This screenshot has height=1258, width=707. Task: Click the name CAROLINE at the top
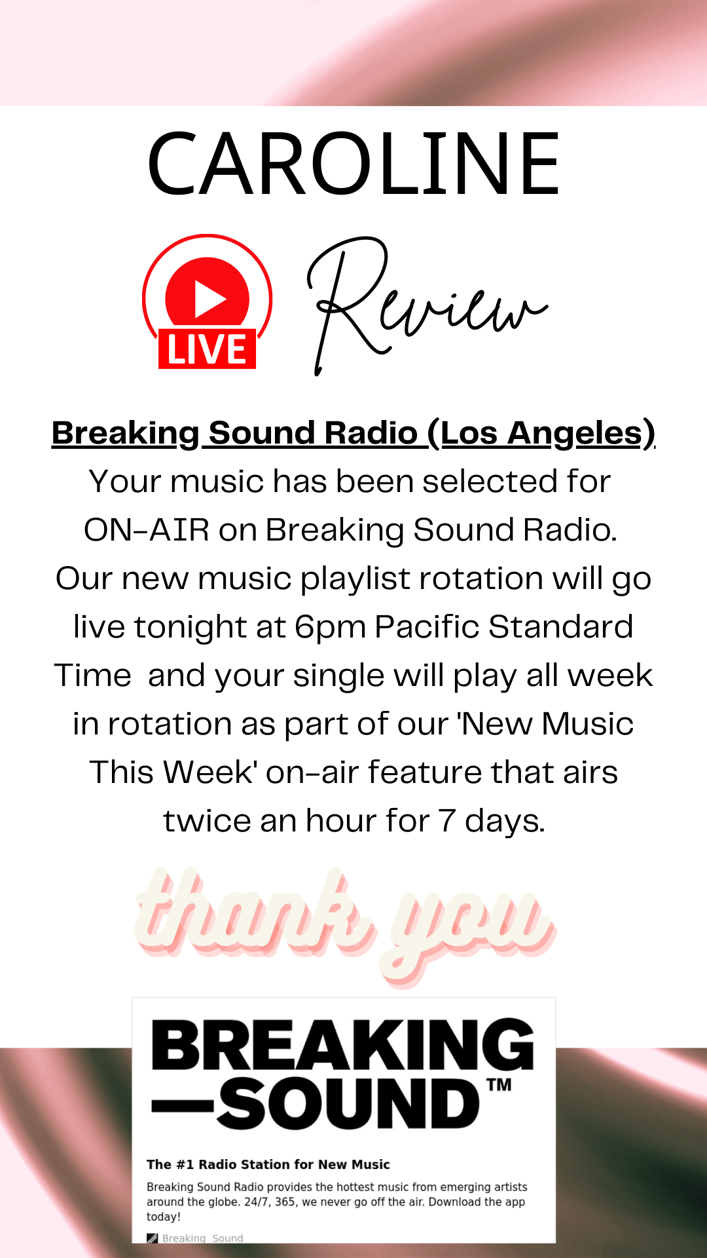[353, 164]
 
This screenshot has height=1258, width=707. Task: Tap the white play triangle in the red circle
[209, 299]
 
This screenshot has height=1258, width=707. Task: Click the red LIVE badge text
[207, 349]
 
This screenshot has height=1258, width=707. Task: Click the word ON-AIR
[147, 529]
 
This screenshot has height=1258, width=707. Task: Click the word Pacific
[427, 627]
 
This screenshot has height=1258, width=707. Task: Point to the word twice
[206, 821]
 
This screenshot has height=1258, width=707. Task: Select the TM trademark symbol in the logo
[499, 1084]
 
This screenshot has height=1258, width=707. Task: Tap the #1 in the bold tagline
[185, 1164]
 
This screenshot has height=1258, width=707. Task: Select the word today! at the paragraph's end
[164, 1217]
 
